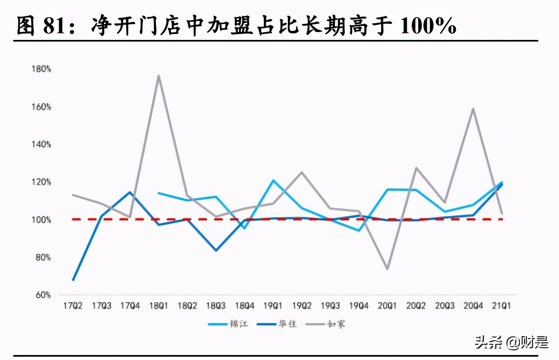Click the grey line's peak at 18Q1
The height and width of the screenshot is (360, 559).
click(158, 76)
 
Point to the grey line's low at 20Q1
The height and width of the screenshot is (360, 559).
click(388, 269)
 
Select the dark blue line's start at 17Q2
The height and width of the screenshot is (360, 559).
click(73, 280)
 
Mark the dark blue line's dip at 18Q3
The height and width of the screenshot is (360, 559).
click(216, 250)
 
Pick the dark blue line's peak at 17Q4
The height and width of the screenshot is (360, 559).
click(130, 192)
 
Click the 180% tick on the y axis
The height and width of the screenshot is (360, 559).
click(41, 69)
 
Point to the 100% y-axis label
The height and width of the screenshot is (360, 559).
click(41, 219)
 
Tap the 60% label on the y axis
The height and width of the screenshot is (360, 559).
click(42, 295)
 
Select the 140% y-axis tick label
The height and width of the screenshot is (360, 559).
click(41, 144)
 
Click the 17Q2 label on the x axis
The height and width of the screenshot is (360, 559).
click(73, 306)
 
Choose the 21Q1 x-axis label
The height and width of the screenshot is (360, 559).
click(502, 306)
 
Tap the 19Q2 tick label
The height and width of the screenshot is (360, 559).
click(302, 306)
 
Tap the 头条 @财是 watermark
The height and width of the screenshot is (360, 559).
click(512, 342)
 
